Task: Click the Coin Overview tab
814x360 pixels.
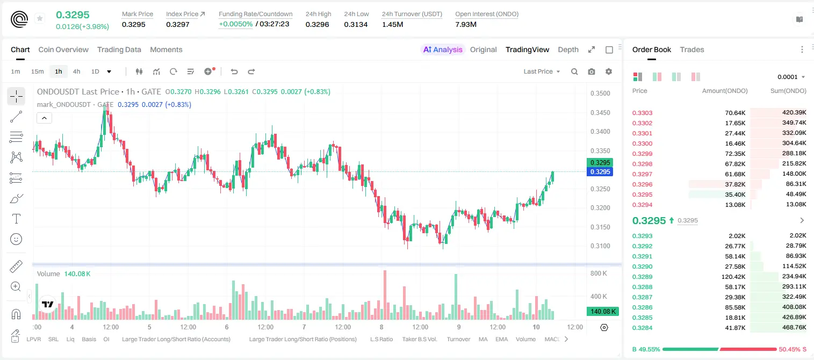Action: click(63, 49)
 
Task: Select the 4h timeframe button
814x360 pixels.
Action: click(76, 71)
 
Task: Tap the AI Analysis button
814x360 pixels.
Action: click(443, 49)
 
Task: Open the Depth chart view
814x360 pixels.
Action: click(568, 49)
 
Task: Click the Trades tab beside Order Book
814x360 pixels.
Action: click(692, 49)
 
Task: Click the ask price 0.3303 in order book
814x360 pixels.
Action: click(642, 113)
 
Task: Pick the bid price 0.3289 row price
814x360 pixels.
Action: click(642, 277)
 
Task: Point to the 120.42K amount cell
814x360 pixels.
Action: click(733, 277)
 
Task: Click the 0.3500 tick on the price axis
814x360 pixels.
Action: click(600, 93)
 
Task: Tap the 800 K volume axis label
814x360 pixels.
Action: click(599, 273)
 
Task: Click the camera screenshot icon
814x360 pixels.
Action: click(592, 71)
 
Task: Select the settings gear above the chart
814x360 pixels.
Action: click(609, 71)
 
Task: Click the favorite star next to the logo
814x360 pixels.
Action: click(40, 18)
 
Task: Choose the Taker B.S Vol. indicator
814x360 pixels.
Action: click(419, 339)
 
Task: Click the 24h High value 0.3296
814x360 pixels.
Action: click(317, 24)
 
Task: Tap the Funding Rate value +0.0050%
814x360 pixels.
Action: click(235, 24)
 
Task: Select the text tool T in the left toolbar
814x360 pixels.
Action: click(16, 219)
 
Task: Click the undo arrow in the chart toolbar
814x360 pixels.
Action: click(234, 71)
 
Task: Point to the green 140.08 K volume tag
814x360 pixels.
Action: click(602, 311)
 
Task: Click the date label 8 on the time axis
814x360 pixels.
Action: click(381, 327)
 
